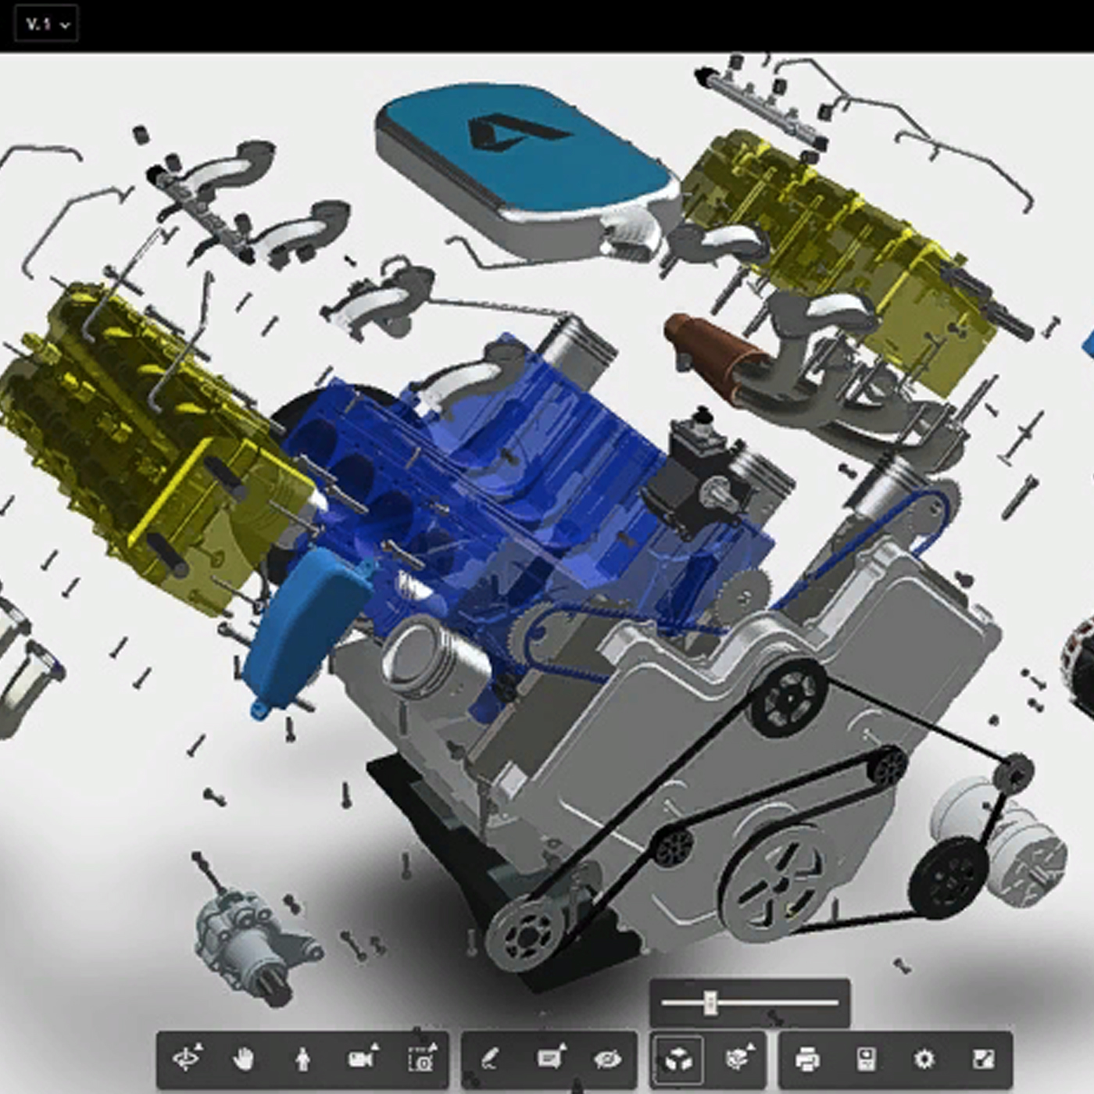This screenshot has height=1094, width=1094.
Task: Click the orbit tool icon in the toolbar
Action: [186, 1059]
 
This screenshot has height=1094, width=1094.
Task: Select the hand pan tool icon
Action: [244, 1059]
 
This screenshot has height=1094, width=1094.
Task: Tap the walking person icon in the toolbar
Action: [303, 1059]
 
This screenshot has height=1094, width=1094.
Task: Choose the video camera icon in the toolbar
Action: [361, 1059]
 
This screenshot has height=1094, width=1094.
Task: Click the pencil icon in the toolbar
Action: [489, 1059]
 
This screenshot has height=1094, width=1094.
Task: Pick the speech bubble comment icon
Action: [549, 1059]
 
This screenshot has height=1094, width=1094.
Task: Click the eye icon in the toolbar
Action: [607, 1059]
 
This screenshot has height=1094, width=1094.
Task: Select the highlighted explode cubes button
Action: [677, 1059]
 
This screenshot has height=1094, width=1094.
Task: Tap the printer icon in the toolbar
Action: [806, 1059]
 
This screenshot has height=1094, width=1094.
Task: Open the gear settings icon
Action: [924, 1059]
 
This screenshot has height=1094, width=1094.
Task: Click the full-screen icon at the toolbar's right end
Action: [982, 1059]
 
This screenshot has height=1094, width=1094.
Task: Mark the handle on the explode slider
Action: [710, 1002]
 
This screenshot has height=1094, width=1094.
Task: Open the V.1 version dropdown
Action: [47, 24]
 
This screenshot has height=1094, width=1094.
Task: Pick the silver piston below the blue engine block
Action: [426, 656]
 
